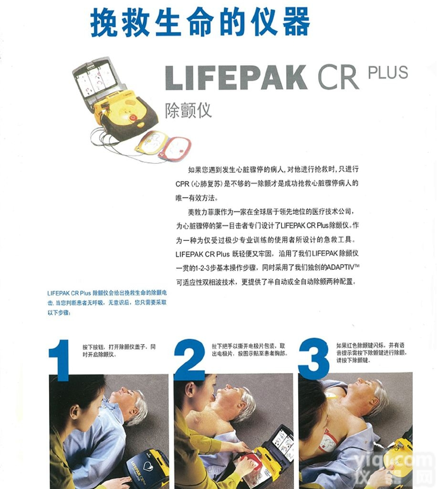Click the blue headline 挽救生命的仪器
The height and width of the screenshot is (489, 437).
point(200,21)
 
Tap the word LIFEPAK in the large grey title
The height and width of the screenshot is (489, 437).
point(236,77)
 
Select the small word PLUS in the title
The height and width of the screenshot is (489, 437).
point(388,73)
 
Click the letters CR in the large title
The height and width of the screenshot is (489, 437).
point(338,77)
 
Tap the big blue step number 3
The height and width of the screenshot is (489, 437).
point(313,360)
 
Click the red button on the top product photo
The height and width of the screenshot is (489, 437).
point(133,117)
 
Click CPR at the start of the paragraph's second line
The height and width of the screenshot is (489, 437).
point(182,183)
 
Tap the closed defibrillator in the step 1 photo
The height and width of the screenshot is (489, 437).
point(146,468)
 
